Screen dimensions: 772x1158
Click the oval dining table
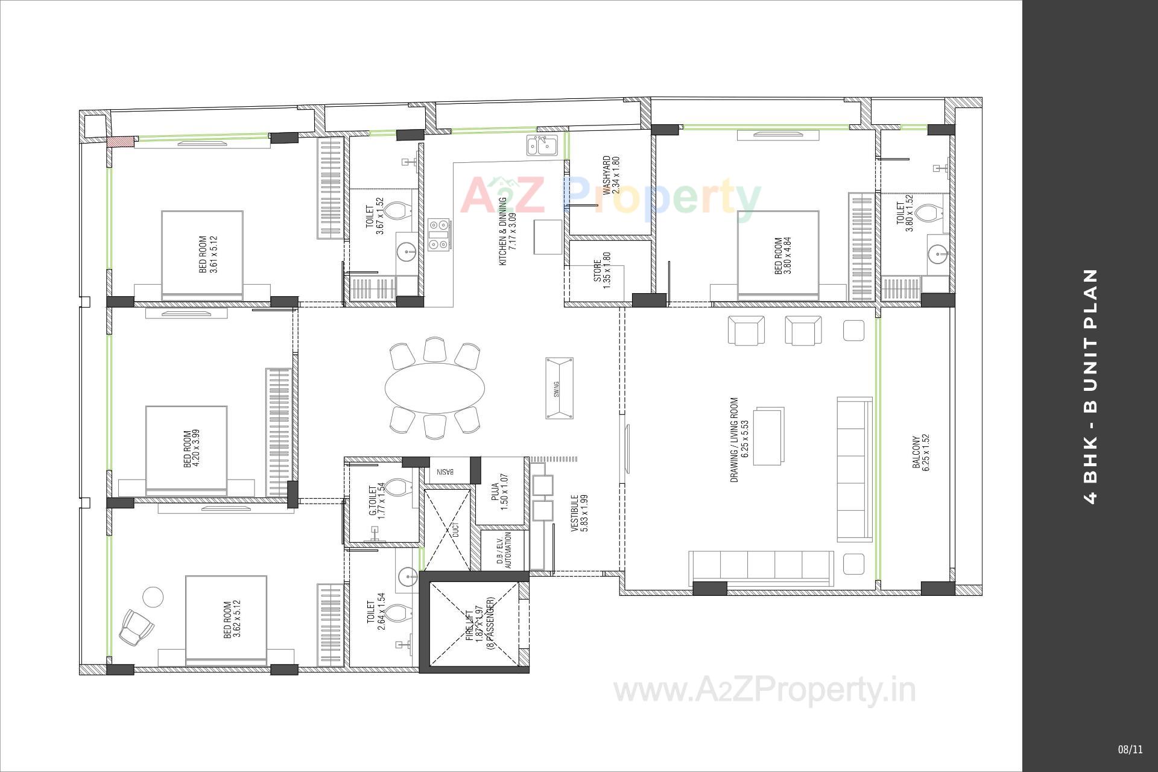[434, 387]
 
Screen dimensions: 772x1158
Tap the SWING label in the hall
[556, 388]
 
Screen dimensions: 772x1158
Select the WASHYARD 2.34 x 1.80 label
[611, 175]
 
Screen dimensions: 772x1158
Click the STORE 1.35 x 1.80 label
[601, 271]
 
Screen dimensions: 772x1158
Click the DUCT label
[456, 530]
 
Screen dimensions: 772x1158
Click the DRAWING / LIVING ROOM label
[739, 439]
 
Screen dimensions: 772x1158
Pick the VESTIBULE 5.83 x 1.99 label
[579, 513]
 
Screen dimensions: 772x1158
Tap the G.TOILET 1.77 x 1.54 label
[376, 501]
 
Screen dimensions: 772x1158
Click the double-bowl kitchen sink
[543, 146]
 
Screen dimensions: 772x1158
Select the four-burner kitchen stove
[439, 234]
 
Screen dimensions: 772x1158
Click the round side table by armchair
[153, 597]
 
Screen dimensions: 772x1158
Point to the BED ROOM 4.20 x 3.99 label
[191, 448]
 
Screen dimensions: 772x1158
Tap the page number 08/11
[1130, 750]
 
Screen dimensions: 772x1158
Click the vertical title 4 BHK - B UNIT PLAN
[1090, 386]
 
